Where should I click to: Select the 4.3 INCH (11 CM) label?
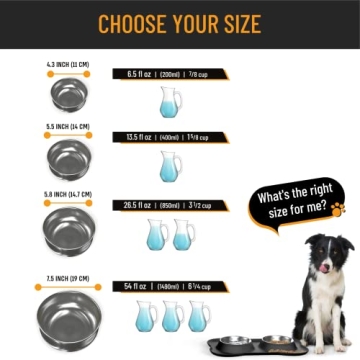pyautogui.click(x=68, y=65)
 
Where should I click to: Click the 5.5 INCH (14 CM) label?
pyautogui.click(x=68, y=127)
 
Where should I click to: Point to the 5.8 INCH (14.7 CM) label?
pyautogui.click(x=68, y=194)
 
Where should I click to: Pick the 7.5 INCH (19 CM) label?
pyautogui.click(x=68, y=266)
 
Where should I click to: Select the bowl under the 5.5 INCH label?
pyautogui.click(x=68, y=158)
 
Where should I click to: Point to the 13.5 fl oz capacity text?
pyautogui.click(x=142, y=137)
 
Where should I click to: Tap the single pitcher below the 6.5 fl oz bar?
pyautogui.click(x=170, y=101)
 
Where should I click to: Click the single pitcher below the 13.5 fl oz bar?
pyautogui.click(x=170, y=166)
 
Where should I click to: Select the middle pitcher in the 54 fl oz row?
pyautogui.click(x=172, y=316)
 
